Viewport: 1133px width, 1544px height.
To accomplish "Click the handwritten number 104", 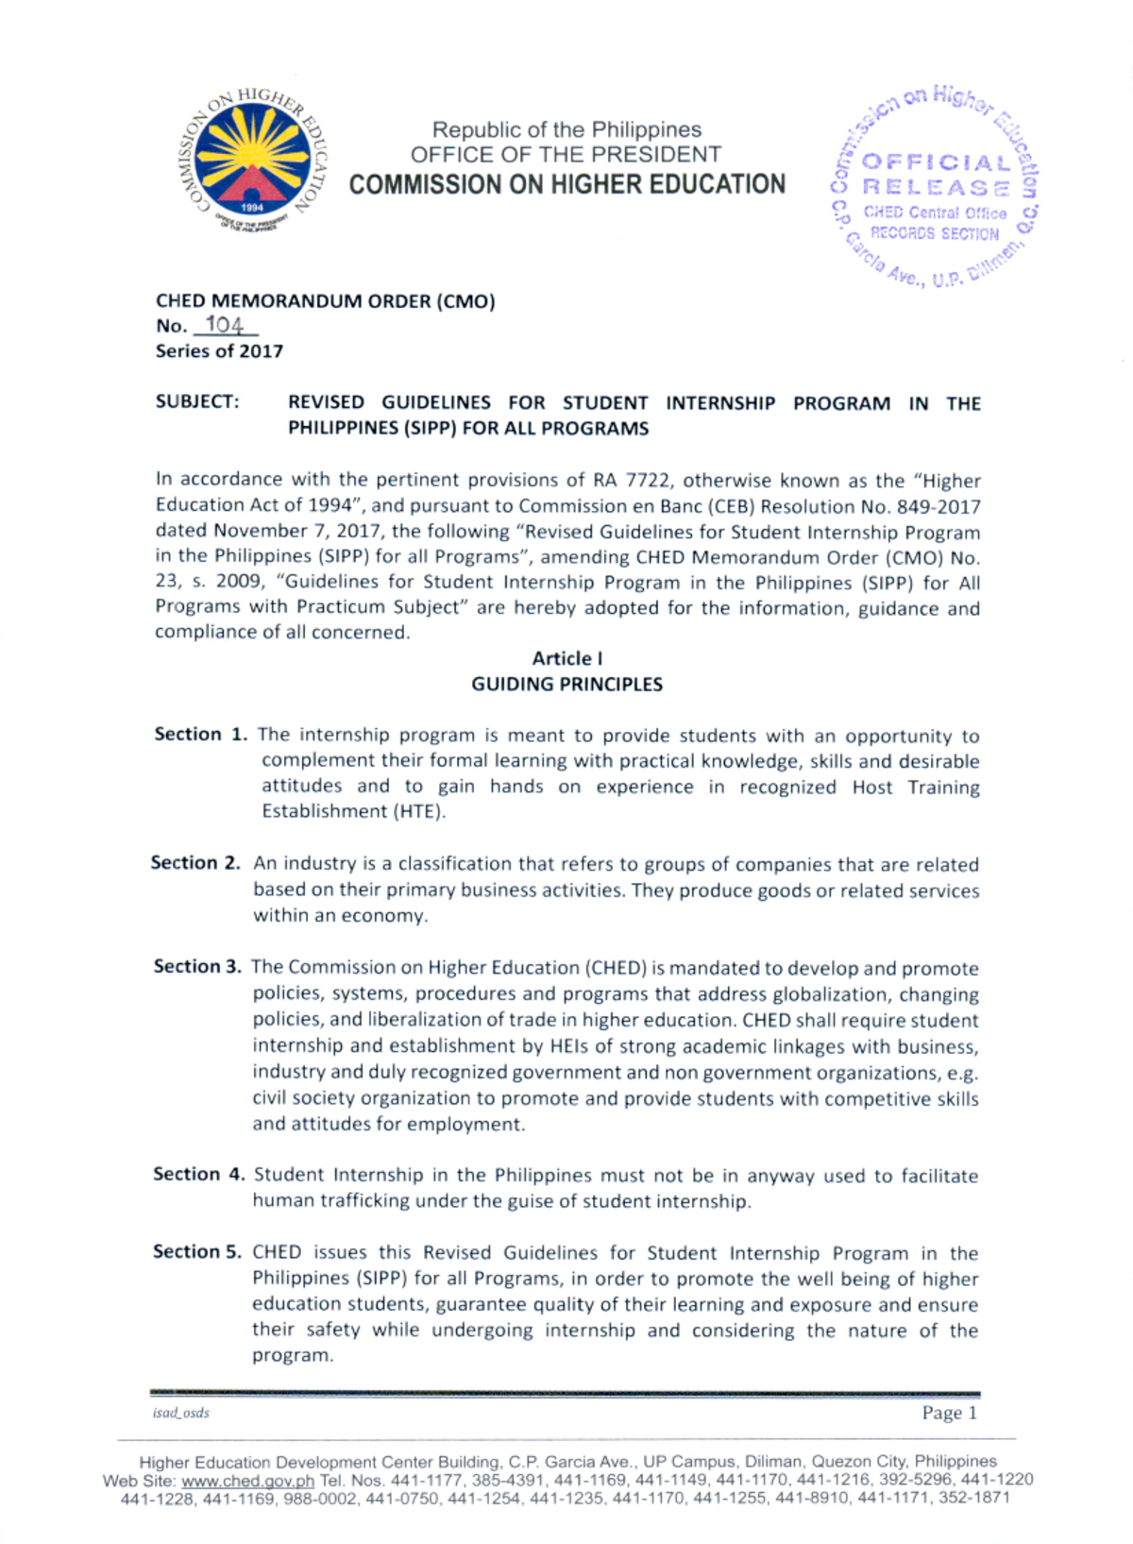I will [225, 326].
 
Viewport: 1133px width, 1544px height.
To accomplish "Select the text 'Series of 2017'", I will [219, 351].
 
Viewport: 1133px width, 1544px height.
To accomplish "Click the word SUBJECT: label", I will [197, 402].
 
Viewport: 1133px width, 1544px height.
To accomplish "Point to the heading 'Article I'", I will [566, 658].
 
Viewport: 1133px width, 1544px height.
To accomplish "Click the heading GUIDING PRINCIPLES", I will [566, 684].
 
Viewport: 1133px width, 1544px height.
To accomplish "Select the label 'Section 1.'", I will [201, 735].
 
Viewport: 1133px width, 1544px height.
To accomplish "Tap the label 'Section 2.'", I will [195, 863].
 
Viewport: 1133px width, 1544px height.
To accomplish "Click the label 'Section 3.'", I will [197, 967].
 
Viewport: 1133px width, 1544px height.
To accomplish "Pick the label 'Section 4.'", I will [198, 1175].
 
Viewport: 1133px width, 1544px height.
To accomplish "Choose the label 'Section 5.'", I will [197, 1252].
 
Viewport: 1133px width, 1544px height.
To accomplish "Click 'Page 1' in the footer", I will [949, 1413].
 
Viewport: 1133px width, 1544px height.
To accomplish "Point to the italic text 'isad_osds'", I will [180, 1413].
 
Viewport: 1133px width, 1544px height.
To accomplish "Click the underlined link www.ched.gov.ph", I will [247, 1480].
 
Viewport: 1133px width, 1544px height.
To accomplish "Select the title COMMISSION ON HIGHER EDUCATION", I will [566, 184].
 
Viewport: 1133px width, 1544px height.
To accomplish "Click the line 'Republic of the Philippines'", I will [566, 129].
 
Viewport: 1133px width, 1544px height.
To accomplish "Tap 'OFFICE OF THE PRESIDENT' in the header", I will [566, 154].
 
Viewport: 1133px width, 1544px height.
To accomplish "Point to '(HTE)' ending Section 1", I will [418, 811].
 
